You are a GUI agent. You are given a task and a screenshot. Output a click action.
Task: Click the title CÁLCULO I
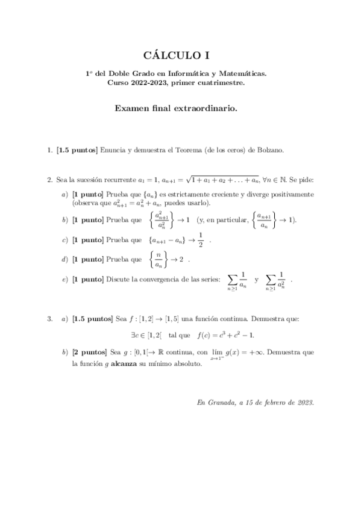point(180,56)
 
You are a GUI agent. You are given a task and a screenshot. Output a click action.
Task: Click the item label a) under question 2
point(65,195)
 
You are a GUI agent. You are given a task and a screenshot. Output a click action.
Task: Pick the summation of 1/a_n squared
point(277,281)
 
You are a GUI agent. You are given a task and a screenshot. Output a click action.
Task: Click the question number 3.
point(49,318)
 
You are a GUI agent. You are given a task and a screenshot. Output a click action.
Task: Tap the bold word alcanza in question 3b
point(142,364)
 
